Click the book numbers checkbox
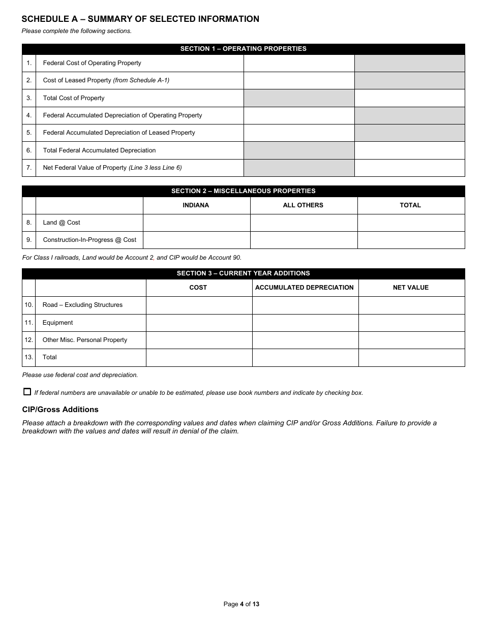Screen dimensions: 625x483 pos(27,392)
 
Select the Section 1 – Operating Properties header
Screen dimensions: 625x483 pos(243,49)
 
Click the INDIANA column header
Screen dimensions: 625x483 pos(196,205)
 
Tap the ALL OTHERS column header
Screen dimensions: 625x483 pos(303,205)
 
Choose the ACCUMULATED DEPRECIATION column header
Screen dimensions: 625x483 pos(304,288)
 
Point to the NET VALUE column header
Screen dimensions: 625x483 pos(411,288)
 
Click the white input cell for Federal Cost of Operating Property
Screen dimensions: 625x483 pos(298,63)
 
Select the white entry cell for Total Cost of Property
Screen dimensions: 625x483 pos(409,98)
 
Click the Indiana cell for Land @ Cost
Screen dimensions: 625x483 pos(196,223)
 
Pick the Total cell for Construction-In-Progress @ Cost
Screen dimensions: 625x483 pos(411,240)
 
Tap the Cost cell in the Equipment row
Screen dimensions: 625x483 pos(199,323)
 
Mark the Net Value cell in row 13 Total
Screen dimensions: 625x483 pos(411,357)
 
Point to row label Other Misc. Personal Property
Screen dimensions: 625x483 pos(84,340)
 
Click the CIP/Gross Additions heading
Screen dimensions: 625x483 pos(60,410)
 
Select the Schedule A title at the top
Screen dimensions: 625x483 pos(140,19)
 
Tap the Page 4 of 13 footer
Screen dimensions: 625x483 pos(241,604)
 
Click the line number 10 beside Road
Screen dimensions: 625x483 pos(29,305)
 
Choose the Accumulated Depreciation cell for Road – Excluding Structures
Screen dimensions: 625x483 pos(305,305)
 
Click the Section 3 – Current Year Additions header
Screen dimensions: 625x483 pos(243,273)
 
